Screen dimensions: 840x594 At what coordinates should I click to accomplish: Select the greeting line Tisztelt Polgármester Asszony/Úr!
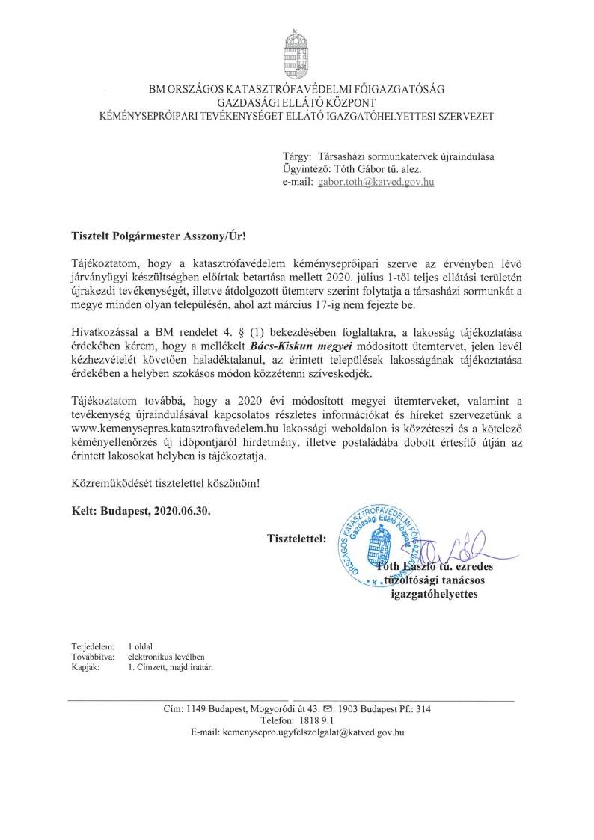point(153,234)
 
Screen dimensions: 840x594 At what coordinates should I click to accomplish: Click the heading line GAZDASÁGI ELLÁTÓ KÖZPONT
point(296,102)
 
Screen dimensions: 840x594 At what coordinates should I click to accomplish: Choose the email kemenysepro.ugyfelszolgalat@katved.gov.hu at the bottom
point(313,733)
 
